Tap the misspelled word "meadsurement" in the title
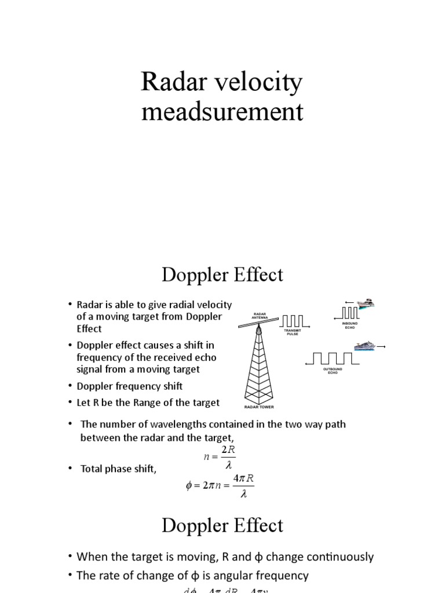222,111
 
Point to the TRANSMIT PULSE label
293,333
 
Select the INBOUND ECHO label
350,325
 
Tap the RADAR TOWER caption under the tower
258,407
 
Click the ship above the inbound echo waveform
365,303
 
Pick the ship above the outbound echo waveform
365,345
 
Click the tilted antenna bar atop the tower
258,324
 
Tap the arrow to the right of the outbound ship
381,347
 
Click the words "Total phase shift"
118,469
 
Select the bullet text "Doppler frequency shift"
130,386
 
